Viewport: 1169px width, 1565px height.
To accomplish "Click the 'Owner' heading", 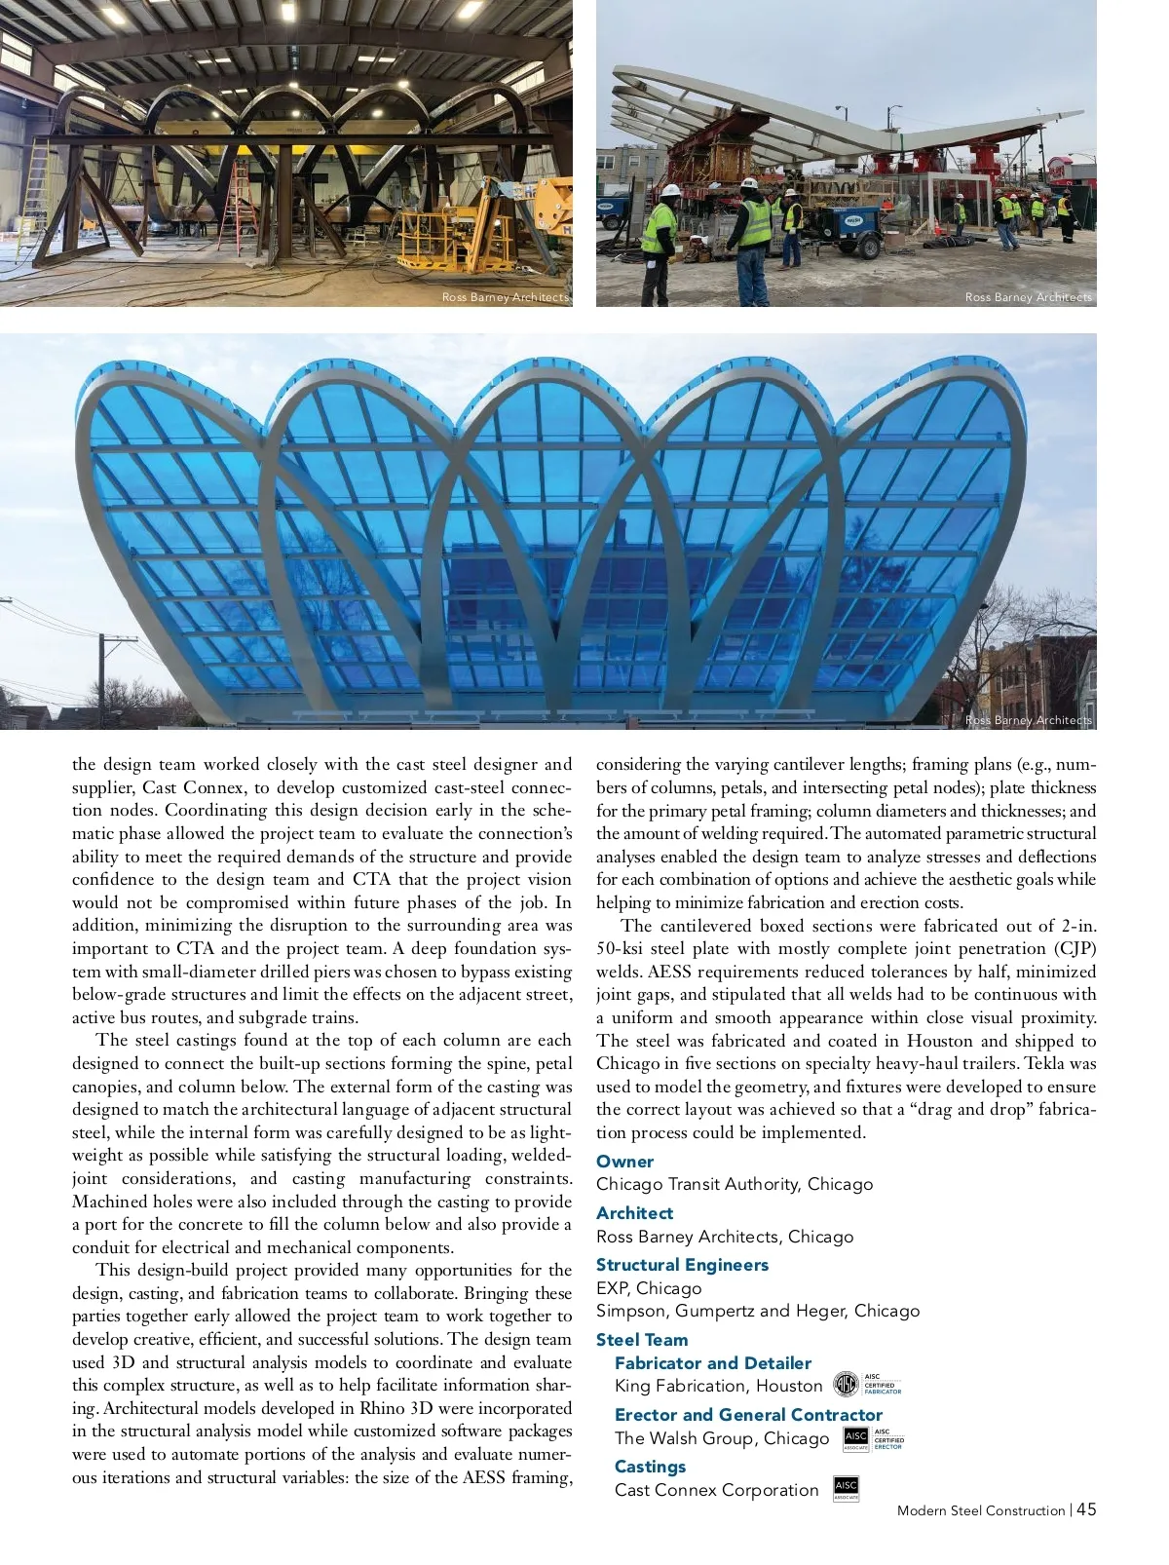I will (624, 1161).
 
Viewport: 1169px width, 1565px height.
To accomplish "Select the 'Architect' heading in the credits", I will (634, 1212).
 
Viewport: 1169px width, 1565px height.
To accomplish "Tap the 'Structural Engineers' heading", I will (682, 1264).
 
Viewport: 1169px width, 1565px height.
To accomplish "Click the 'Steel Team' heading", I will (641, 1339).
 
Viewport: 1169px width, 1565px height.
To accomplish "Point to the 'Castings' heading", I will (650, 1466).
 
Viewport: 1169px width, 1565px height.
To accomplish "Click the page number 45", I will (1086, 1508).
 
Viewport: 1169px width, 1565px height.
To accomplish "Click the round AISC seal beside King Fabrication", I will (846, 1384).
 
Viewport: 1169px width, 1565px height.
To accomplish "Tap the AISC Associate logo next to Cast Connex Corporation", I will (846, 1488).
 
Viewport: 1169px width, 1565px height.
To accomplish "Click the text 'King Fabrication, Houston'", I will (718, 1386).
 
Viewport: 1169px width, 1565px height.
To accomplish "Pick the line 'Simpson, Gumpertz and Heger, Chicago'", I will (757, 1311).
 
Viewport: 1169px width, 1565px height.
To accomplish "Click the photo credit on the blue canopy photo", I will (1028, 720).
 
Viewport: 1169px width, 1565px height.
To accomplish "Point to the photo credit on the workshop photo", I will (505, 297).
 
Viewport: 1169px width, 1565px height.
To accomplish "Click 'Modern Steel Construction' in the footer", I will (980, 1510).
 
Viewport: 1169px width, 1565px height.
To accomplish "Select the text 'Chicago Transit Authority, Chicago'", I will (734, 1184).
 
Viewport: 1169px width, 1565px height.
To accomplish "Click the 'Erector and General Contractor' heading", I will (748, 1414).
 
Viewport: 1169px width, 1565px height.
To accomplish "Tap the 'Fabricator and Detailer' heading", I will (712, 1362).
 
